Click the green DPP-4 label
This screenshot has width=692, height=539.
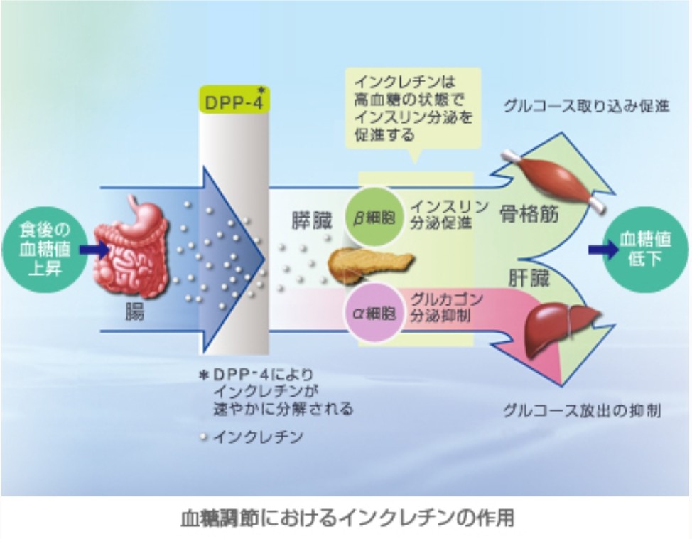point(232,101)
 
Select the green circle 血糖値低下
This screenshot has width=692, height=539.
point(645,250)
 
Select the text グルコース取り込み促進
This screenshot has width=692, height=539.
point(587,107)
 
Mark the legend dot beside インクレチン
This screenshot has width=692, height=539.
point(205,437)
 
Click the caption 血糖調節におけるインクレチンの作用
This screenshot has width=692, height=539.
point(346,517)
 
